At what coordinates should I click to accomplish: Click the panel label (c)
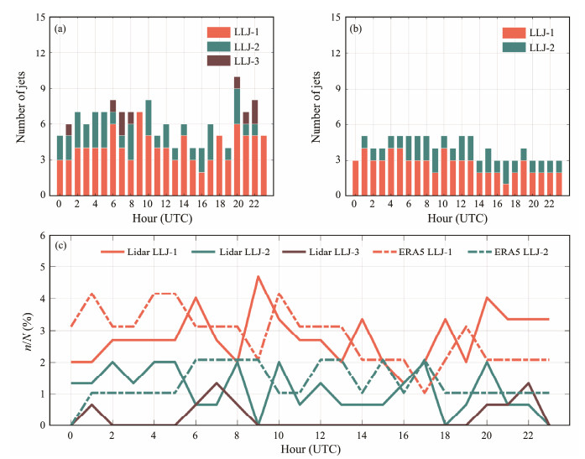point(60,246)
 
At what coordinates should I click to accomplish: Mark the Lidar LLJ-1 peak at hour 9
point(259,277)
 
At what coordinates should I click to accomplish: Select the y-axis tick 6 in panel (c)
point(43,236)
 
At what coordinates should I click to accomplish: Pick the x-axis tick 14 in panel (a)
point(184,204)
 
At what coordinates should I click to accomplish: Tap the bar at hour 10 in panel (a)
point(148,148)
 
